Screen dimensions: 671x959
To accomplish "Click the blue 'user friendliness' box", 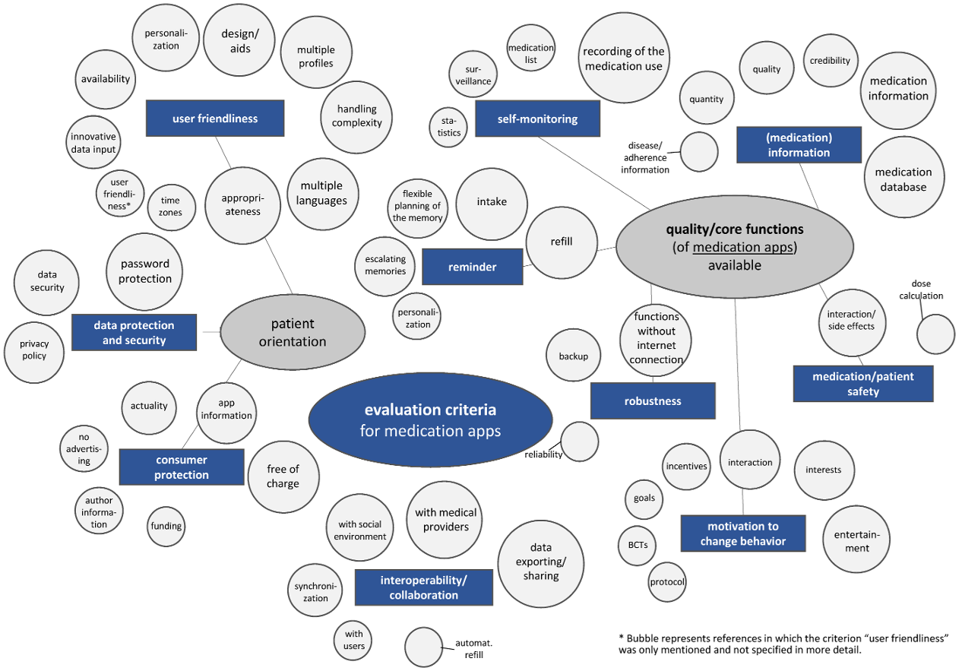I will point(215,119).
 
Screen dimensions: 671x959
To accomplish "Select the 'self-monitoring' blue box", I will point(537,119).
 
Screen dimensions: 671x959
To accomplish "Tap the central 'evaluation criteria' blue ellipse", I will point(430,420).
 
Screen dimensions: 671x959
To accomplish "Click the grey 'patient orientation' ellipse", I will point(293,333).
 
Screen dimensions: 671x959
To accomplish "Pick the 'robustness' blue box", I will point(653,401).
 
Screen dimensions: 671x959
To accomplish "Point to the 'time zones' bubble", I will point(170,207).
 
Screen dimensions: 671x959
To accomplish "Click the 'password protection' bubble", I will point(145,271).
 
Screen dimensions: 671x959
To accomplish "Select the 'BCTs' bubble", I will point(638,544).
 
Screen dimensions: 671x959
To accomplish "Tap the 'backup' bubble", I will point(574,356).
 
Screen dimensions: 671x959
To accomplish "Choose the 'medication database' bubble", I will point(904,179).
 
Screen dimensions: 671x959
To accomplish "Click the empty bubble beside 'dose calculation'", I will point(935,334).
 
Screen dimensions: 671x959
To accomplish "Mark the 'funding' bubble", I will point(166,526).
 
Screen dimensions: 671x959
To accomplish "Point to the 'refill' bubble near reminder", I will point(561,242).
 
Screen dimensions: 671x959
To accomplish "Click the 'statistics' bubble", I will point(449,127).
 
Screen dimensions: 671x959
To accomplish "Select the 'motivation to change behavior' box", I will point(742,533).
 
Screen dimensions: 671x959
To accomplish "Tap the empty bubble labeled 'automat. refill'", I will point(423,647).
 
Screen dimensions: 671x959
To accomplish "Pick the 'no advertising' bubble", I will point(84,448).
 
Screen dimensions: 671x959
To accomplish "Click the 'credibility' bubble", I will point(830,61).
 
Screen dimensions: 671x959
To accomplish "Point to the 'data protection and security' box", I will point(134,333).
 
